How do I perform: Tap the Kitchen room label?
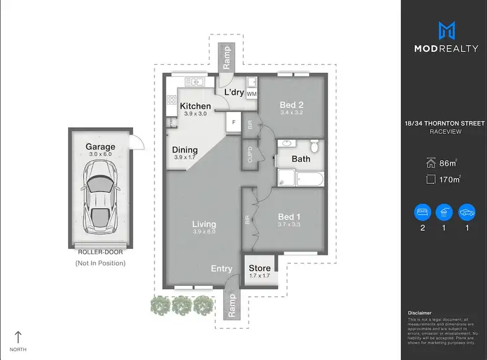[x=195, y=106]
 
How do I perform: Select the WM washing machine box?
[x=251, y=94]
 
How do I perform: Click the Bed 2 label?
[x=292, y=105]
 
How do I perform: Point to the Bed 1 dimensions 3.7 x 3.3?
[x=290, y=224]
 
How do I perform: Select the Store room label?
[x=260, y=268]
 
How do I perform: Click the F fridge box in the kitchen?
[x=232, y=121]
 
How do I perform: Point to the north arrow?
[x=18, y=337]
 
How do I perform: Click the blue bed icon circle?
[x=423, y=212]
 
